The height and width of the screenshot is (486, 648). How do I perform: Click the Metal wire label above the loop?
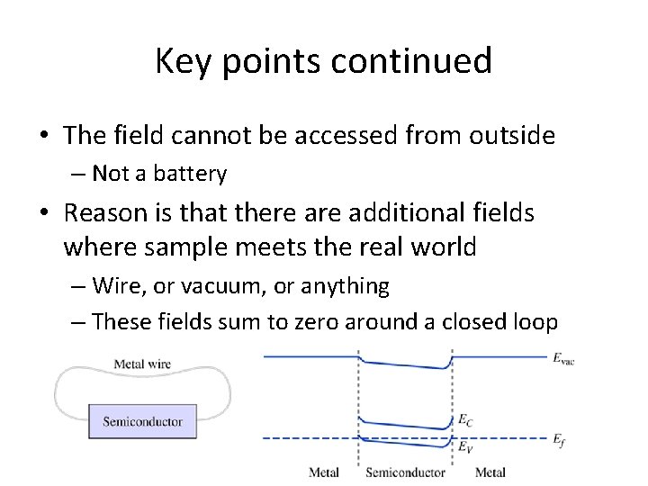(x=142, y=364)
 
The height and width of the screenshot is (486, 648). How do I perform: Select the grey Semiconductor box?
(x=142, y=421)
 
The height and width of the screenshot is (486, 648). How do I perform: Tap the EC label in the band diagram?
(x=464, y=419)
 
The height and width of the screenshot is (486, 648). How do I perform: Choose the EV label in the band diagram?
(x=464, y=445)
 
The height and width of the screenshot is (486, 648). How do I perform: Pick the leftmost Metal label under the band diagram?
(x=324, y=472)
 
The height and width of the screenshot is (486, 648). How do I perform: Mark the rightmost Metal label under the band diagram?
(x=490, y=472)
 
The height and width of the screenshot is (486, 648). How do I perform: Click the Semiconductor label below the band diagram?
(x=405, y=472)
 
